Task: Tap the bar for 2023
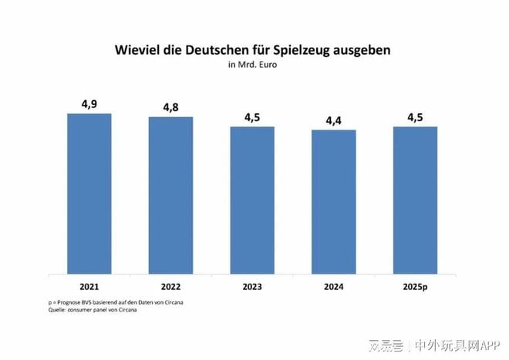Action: click(252, 200)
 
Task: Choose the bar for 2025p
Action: click(415, 200)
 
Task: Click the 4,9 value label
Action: click(89, 104)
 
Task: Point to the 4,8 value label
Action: click(170, 108)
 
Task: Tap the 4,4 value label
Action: click(334, 120)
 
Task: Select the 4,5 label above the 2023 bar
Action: click(252, 117)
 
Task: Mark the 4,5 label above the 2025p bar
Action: click(415, 117)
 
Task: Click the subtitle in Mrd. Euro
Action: click(252, 65)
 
